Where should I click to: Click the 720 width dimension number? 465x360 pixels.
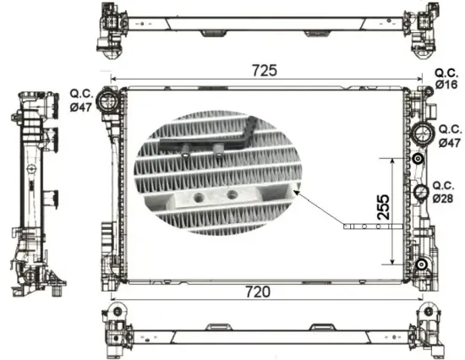coord(257,292)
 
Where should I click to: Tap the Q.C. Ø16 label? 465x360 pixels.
coord(446,79)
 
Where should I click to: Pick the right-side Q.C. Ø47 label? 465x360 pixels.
coord(447,136)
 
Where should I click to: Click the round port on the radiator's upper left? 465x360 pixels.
coord(107,101)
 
